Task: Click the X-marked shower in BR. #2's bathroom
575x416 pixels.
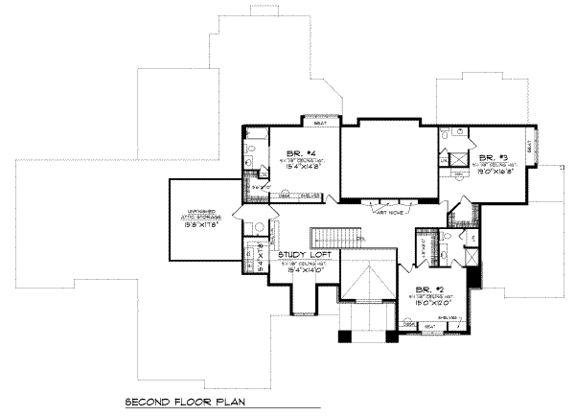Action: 471,259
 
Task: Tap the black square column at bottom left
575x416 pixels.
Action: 345,336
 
